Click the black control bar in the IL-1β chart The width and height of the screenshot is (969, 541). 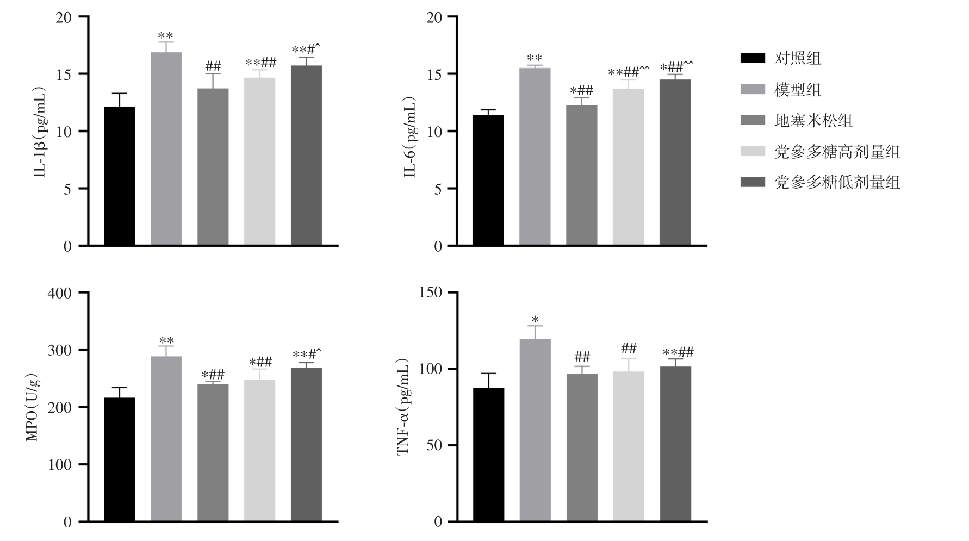point(120,177)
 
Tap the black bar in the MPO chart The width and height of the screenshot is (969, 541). point(120,459)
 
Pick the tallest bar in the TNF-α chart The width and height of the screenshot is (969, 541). point(535,430)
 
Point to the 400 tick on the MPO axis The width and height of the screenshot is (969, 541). point(60,293)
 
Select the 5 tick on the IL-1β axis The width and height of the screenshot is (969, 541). point(67,189)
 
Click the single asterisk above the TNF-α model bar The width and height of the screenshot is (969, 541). point(535,319)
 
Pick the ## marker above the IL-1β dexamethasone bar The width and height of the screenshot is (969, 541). point(213,67)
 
